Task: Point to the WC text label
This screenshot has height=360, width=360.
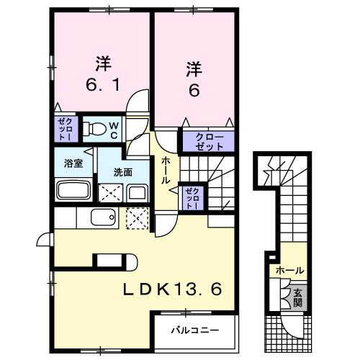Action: tap(113, 130)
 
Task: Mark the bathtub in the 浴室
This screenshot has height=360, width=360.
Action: tap(73, 192)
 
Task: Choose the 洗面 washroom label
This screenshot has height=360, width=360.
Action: tap(122, 173)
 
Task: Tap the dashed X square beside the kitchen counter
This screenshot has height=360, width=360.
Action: tap(136, 218)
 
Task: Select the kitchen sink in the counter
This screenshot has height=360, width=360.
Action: tap(103, 217)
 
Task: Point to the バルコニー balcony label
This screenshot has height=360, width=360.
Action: tap(194, 331)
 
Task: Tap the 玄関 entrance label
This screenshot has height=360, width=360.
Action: tap(297, 296)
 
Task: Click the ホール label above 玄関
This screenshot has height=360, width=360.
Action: tap(288, 271)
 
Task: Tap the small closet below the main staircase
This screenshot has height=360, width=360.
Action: tap(192, 197)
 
